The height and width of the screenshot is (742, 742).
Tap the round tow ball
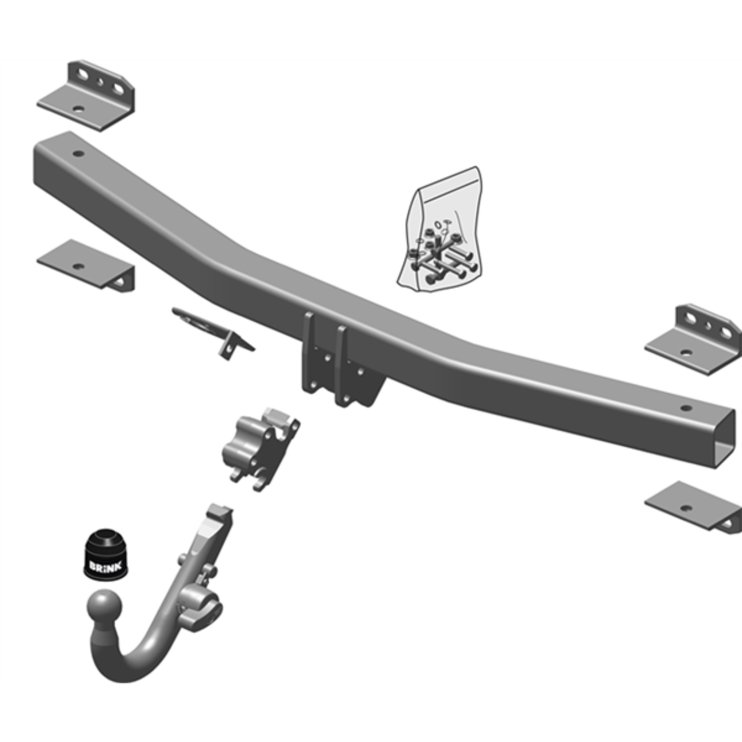pos(104,607)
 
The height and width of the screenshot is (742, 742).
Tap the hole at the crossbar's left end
pos(78,153)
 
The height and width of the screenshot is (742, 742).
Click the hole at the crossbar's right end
pos(685,408)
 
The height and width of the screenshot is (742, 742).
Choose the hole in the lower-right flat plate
pos(685,508)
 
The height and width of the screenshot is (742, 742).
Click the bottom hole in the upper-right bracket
pos(686,353)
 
